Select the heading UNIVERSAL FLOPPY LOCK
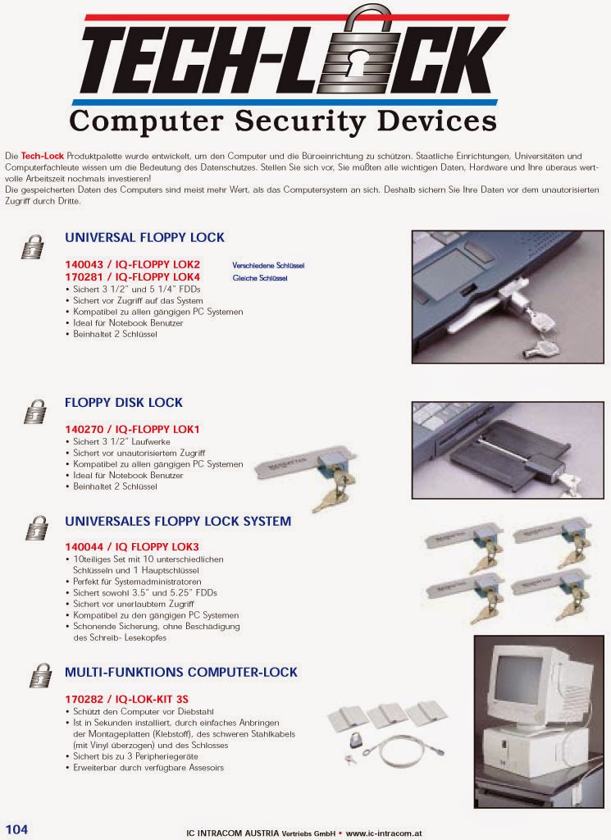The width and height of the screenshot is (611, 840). tap(144, 237)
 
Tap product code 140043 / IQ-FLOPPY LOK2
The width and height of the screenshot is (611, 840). tap(132, 264)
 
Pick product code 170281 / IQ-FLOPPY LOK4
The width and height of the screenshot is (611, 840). tap(132, 277)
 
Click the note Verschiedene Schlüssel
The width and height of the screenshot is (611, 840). tap(268, 265)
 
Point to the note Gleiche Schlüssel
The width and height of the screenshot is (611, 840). tap(260, 278)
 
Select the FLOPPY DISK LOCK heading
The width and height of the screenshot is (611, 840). tap(124, 402)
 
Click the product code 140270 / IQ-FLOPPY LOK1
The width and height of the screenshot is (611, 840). tap(132, 429)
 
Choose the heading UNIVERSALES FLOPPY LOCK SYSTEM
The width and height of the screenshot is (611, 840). tap(178, 521)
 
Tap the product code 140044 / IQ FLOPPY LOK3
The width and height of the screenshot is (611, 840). tap(132, 547)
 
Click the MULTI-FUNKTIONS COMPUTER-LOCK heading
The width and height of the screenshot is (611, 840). tap(181, 673)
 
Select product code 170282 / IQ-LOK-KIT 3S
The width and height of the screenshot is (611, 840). tap(126, 699)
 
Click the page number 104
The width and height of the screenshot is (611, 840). tap(16, 829)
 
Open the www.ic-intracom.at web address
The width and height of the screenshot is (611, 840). tap(384, 833)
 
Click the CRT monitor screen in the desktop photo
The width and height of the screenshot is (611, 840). tap(518, 679)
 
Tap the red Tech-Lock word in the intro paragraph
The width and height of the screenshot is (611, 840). tap(43, 156)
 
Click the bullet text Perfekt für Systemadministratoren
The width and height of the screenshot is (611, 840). tap(137, 582)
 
